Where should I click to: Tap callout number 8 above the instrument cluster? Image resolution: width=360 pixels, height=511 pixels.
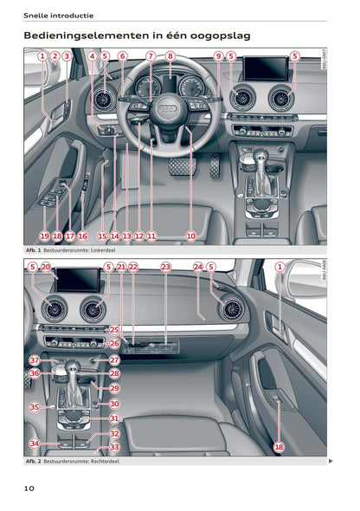click(x=170, y=57)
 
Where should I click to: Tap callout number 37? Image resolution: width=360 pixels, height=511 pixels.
click(x=35, y=359)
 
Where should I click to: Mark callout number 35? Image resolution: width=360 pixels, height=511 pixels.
click(x=35, y=406)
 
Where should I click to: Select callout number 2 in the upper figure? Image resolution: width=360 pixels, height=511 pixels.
click(x=55, y=57)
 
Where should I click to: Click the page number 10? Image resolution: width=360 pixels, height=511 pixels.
click(x=29, y=488)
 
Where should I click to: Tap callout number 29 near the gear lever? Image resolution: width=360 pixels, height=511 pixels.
click(x=114, y=389)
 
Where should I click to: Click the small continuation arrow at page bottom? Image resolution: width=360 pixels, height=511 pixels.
click(x=331, y=462)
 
